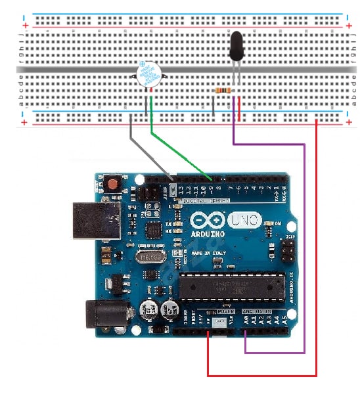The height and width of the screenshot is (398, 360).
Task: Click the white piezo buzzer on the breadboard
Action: pyautogui.click(x=148, y=76)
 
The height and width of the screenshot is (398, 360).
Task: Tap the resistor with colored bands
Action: pyautogui.click(x=223, y=90)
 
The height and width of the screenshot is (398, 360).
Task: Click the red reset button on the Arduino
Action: pyautogui.click(x=114, y=184)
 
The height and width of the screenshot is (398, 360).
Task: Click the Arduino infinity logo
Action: pyautogui.click(x=210, y=220)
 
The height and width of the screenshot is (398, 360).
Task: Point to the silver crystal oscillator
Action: pyautogui.click(x=152, y=257)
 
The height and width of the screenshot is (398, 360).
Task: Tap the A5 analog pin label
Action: pyautogui.click(x=285, y=322)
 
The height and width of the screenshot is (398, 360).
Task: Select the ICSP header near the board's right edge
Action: pyautogui.click(x=286, y=249)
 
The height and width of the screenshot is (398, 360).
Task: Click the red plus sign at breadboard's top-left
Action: pyautogui.click(x=25, y=25)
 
